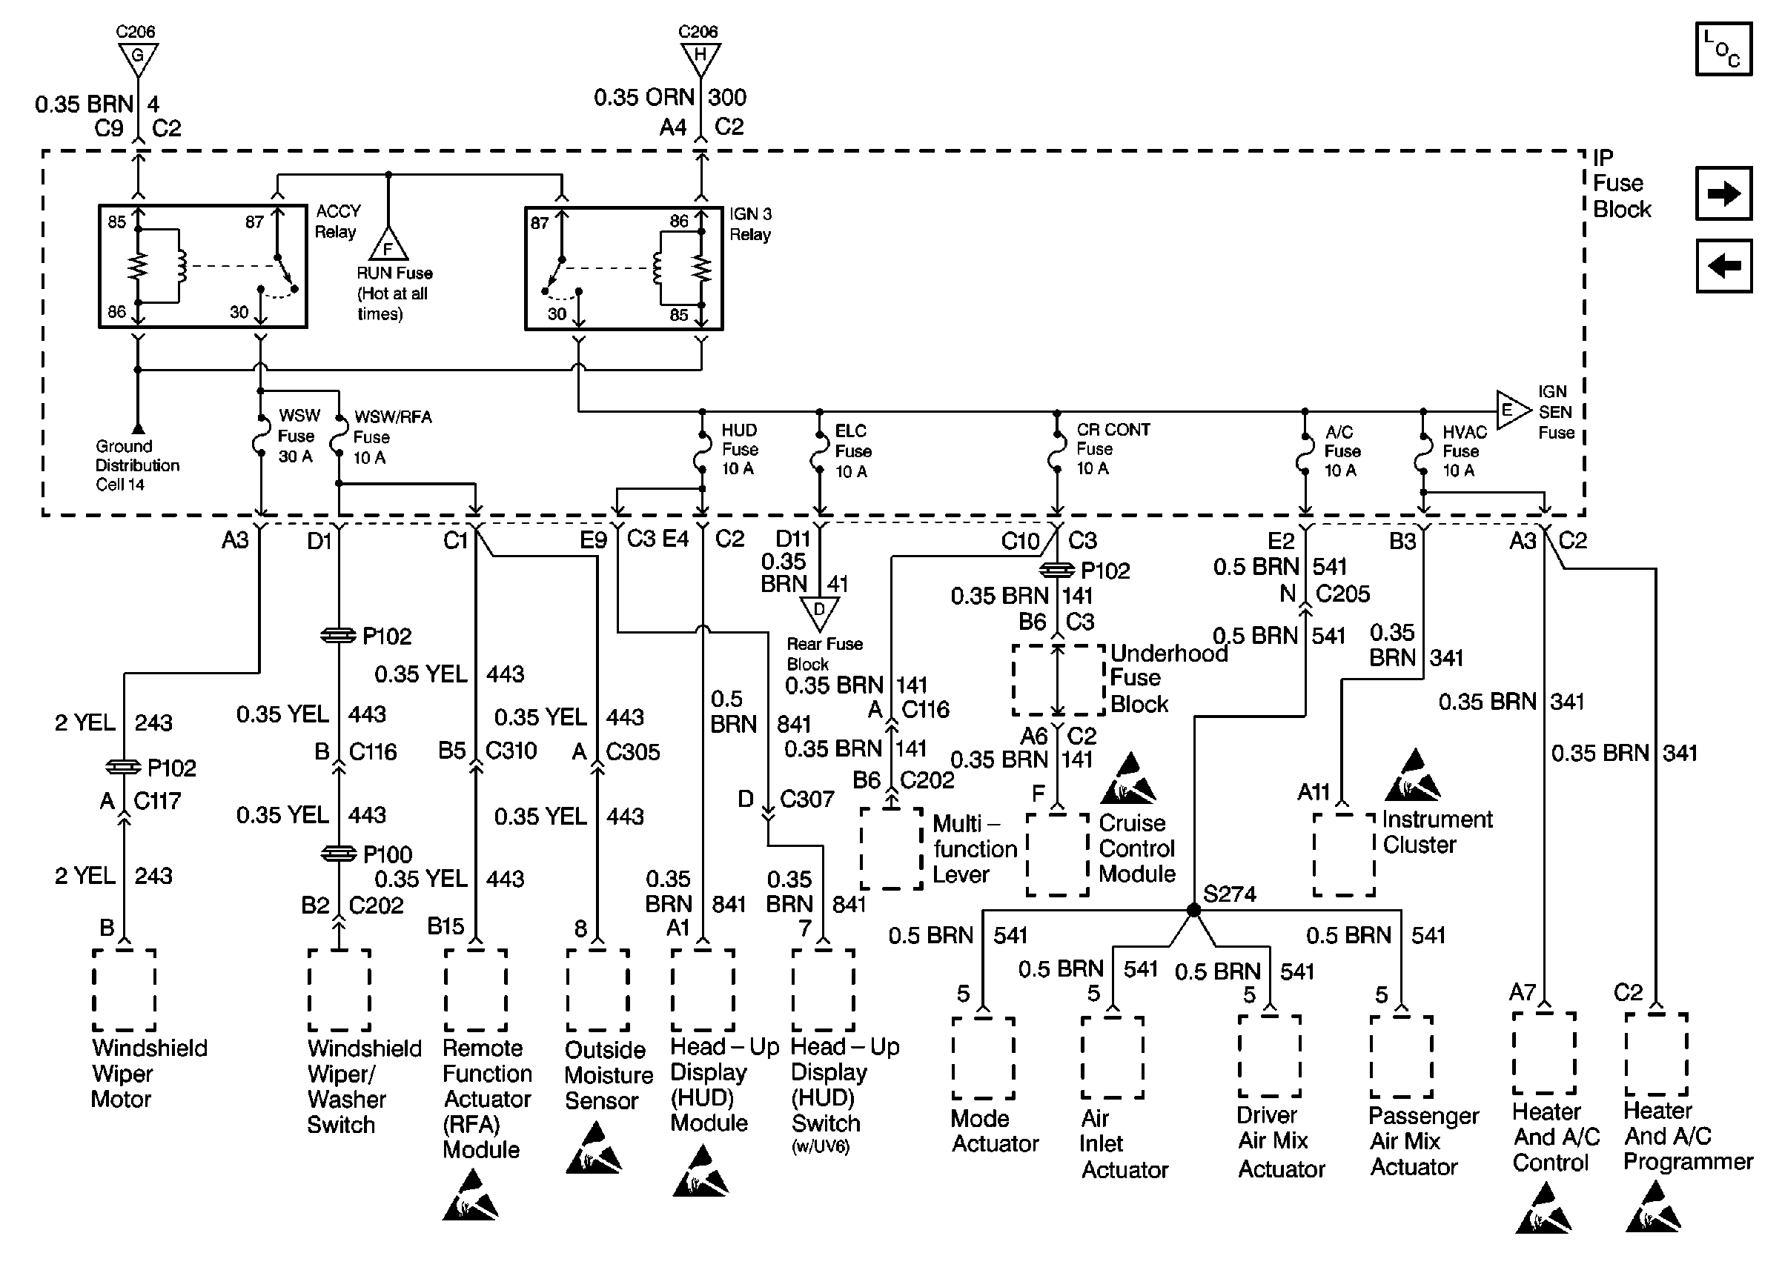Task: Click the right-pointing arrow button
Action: tap(1723, 193)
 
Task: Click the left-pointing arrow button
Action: tap(1723, 266)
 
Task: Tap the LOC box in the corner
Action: tap(1723, 50)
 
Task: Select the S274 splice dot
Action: tap(1193, 910)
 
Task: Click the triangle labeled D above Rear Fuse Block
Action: tap(819, 612)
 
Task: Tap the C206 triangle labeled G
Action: tap(138, 59)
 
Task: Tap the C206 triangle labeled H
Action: tap(700, 58)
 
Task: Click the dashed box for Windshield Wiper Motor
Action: tap(124, 990)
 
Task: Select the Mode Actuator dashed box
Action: tap(983, 1058)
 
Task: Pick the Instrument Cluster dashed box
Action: tap(1344, 854)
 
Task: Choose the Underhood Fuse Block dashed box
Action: tap(1058, 680)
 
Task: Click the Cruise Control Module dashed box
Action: tap(1057, 854)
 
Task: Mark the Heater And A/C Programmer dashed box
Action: tap(1656, 1054)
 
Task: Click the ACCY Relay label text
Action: tap(337, 221)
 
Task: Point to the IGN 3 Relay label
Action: tap(750, 225)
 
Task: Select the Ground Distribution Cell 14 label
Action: tap(136, 465)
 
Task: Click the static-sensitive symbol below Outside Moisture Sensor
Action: tap(594, 1149)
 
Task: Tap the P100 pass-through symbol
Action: tap(339, 854)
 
